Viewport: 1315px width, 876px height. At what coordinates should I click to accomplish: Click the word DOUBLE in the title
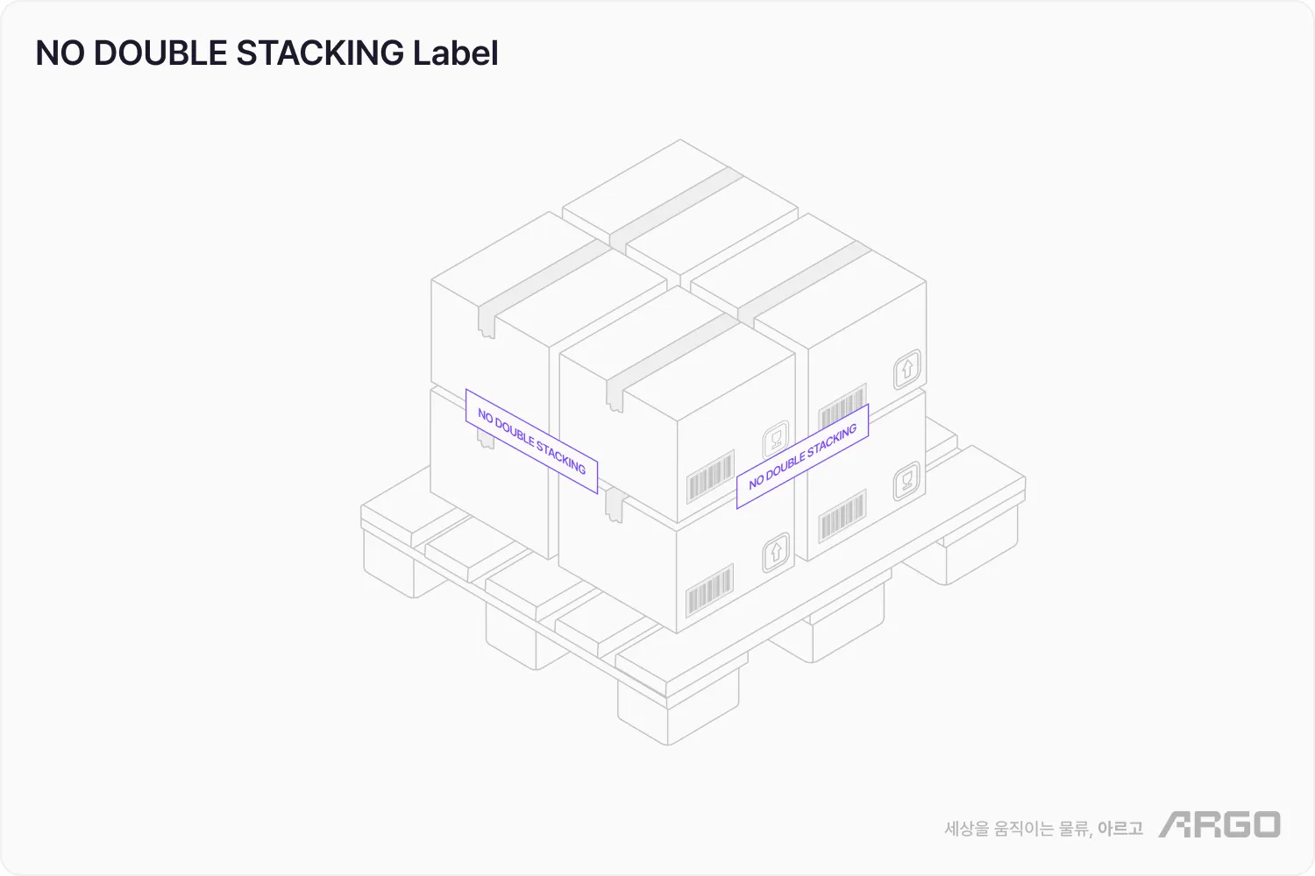[160, 53]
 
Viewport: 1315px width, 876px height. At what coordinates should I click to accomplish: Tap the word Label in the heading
[455, 53]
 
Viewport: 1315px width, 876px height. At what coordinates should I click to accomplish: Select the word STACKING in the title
[320, 53]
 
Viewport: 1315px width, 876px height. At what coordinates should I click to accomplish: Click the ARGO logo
[1219, 824]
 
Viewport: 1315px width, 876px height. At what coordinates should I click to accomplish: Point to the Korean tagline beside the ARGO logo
[1043, 828]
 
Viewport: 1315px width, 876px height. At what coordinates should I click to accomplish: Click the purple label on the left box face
[531, 442]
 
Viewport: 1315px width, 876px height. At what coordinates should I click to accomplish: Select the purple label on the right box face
[802, 456]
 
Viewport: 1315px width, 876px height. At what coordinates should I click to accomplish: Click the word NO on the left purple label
[485, 416]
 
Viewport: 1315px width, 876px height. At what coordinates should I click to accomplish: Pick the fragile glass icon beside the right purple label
[775, 438]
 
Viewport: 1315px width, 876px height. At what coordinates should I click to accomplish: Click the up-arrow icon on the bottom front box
[775, 552]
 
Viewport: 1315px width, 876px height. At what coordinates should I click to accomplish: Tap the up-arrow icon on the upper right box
[907, 368]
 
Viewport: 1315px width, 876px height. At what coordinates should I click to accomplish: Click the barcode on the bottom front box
[709, 590]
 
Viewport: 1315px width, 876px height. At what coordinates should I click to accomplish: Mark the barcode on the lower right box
[842, 516]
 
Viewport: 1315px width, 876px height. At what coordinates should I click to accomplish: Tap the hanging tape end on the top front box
[615, 396]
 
